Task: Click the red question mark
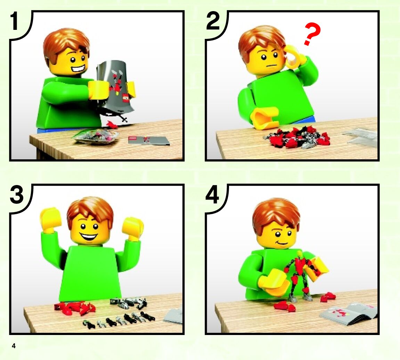312,34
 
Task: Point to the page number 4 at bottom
14,346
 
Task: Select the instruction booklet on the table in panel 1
149,140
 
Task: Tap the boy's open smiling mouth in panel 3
89,237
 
